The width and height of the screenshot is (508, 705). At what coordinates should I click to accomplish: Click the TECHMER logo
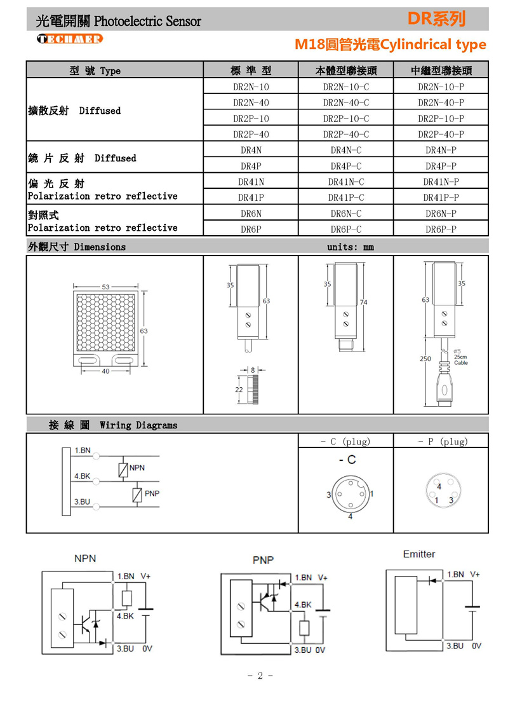70,39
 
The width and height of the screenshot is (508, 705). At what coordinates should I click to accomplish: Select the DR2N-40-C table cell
345,102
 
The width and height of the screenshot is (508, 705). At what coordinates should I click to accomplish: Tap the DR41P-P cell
441,197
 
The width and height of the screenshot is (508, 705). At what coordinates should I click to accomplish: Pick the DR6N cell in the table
251,214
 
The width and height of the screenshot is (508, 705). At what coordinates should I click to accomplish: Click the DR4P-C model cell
345,166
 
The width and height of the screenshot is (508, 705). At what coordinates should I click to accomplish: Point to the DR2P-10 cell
251,118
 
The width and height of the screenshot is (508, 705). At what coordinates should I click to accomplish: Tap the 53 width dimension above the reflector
105,287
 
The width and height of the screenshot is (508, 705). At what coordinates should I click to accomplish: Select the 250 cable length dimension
425,359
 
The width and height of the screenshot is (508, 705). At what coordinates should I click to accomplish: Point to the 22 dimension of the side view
239,389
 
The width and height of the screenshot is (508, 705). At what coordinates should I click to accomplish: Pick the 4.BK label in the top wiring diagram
82,476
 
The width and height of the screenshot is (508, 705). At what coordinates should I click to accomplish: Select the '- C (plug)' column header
345,441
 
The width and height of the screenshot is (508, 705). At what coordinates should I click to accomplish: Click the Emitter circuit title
419,554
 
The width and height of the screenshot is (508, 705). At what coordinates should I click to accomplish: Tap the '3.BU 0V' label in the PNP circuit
310,650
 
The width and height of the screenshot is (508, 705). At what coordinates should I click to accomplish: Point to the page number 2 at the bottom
260,676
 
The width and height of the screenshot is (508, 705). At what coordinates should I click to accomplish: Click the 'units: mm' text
351,247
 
